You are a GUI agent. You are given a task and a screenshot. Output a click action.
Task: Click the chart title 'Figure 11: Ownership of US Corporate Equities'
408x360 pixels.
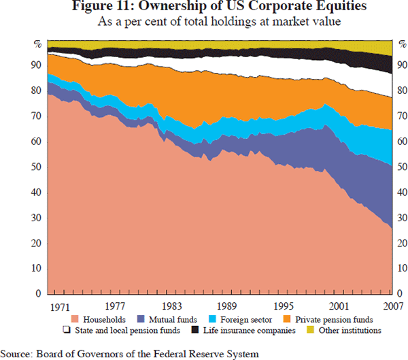pyautogui.click(x=204, y=7)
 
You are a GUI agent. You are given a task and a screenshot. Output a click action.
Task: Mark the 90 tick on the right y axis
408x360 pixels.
pyautogui.click(x=401, y=65)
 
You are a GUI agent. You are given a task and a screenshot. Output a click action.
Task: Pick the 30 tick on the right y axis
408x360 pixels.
pyautogui.click(x=401, y=218)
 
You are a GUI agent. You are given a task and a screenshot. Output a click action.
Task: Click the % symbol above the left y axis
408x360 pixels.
pyautogui.click(x=38, y=44)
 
